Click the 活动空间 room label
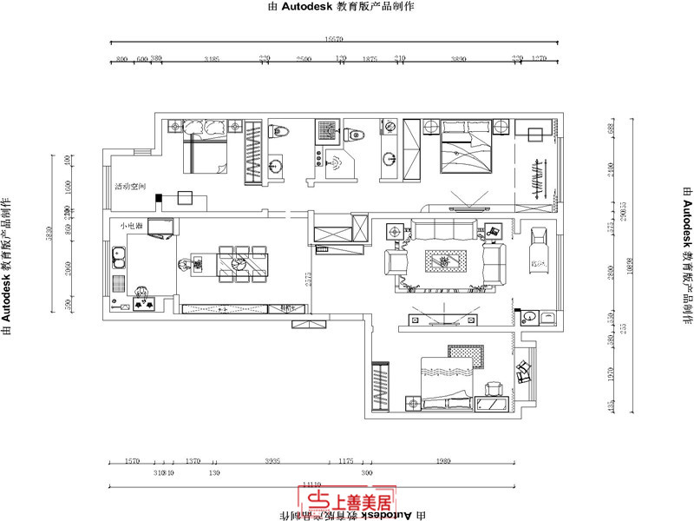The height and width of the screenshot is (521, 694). (134, 187)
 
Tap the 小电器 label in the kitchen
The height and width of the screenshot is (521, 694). (132, 226)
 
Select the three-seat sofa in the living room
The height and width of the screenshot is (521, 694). (443, 230)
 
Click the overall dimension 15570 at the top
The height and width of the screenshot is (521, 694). (334, 39)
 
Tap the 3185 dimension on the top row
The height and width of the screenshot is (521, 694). (211, 58)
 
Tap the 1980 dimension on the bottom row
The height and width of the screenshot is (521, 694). (445, 461)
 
